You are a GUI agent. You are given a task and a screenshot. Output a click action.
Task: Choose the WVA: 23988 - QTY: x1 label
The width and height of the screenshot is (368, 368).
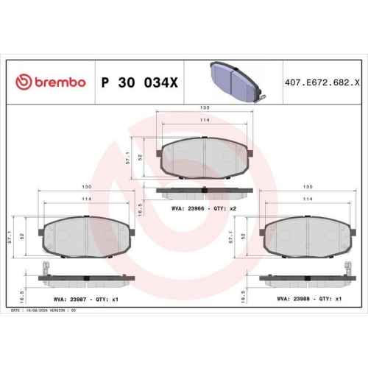point(309,300)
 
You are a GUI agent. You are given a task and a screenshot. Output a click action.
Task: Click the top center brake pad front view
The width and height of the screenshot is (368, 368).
point(206,158)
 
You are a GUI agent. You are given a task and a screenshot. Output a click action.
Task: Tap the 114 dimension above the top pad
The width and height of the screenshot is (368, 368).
point(205,121)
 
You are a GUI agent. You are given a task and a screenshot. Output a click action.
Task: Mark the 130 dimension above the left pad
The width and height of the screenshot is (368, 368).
point(87,188)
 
